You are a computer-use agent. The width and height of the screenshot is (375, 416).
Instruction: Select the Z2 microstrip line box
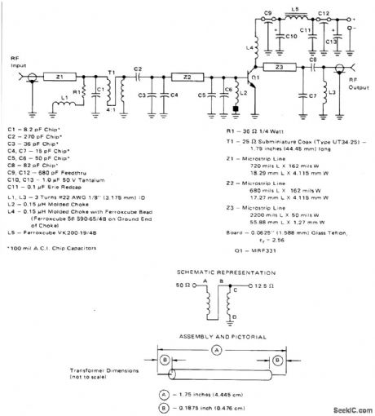click(x=186, y=77)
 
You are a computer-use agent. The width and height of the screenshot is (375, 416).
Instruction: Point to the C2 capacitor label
click(x=138, y=68)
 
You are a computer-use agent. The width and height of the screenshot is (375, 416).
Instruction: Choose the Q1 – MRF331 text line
click(x=245, y=252)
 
